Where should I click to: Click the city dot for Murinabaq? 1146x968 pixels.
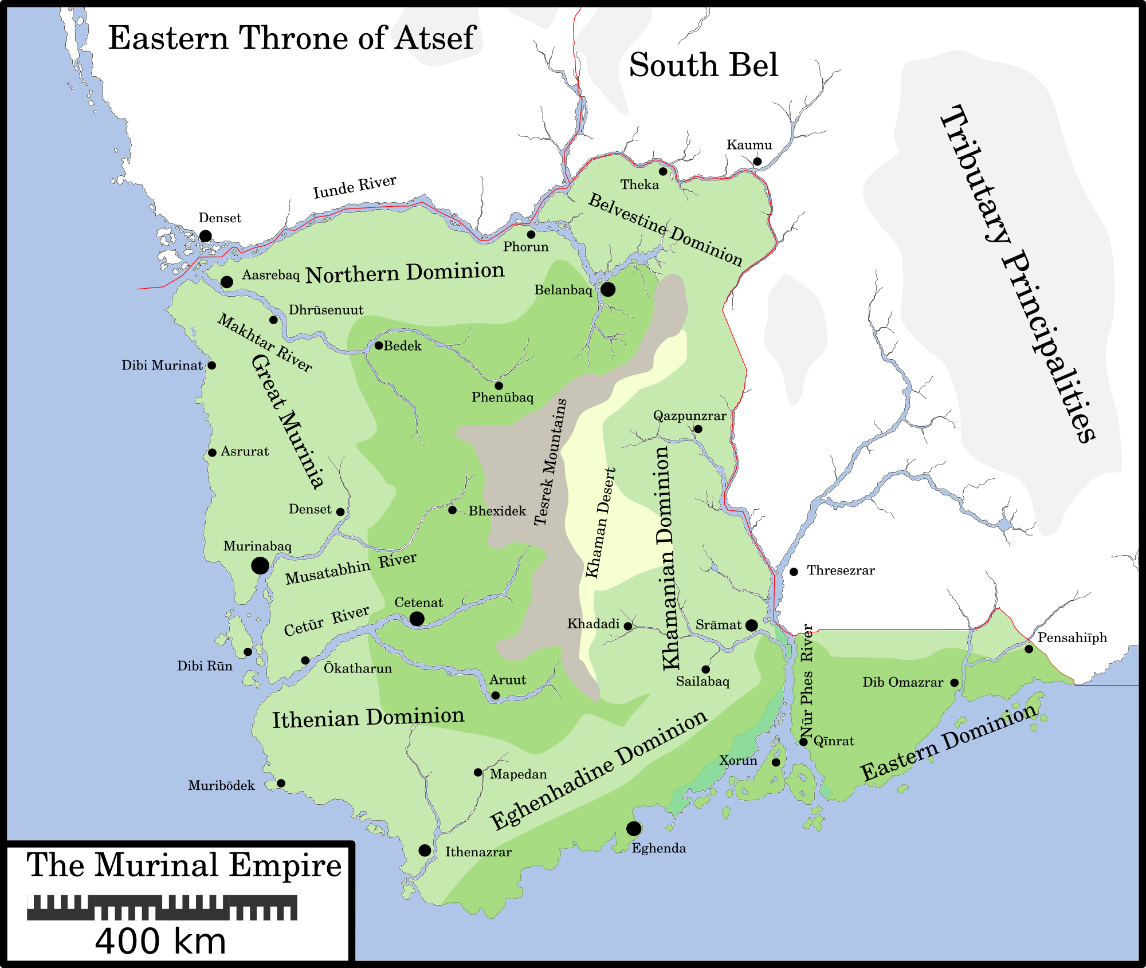[x=260, y=565]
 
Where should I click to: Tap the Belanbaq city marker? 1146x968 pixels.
[x=608, y=289]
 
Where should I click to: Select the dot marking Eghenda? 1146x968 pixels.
[x=634, y=828]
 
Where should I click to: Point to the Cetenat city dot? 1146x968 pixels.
[x=417, y=619]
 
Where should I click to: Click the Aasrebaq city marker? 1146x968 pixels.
[x=227, y=282]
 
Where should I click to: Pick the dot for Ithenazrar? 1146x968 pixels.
[x=425, y=850]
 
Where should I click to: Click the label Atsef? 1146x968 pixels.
[x=436, y=38]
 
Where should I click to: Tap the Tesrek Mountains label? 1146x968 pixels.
[x=550, y=462]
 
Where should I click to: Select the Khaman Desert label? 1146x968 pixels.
[x=601, y=523]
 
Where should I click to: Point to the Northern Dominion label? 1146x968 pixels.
[x=405, y=273]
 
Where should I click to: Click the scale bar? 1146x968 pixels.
[x=162, y=907]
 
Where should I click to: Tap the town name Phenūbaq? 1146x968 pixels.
[x=503, y=398]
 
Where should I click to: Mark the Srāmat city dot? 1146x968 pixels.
[x=751, y=625]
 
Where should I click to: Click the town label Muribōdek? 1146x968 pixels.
[x=221, y=786]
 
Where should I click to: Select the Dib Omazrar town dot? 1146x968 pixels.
[x=954, y=683]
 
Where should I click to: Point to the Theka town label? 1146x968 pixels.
[x=639, y=184]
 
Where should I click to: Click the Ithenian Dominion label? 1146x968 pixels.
[x=368, y=718]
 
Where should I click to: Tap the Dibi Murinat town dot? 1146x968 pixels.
[x=211, y=365]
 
